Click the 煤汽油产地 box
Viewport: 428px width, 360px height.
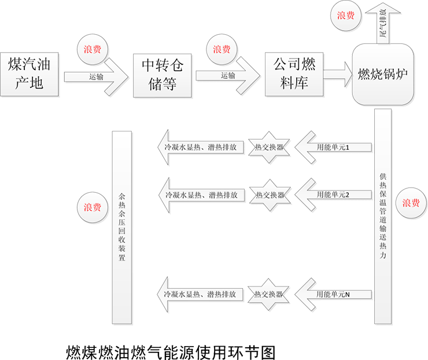[x=29, y=72]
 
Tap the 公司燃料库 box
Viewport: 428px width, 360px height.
[x=294, y=72]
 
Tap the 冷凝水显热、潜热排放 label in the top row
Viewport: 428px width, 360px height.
[x=201, y=148]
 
